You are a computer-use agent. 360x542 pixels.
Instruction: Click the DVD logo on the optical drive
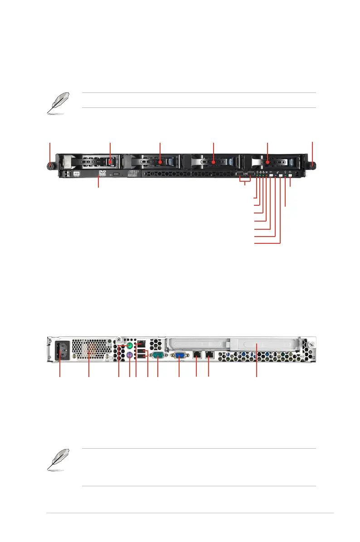pos(102,174)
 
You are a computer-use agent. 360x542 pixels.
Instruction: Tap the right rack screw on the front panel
pos(312,166)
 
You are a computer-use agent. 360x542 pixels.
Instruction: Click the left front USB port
pos(240,174)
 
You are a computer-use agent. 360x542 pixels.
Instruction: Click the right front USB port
pos(250,174)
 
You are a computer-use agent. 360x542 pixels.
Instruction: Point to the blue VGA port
pos(179,356)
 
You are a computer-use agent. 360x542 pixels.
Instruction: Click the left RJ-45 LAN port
pos(197,355)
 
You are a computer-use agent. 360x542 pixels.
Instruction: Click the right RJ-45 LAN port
pos(209,355)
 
